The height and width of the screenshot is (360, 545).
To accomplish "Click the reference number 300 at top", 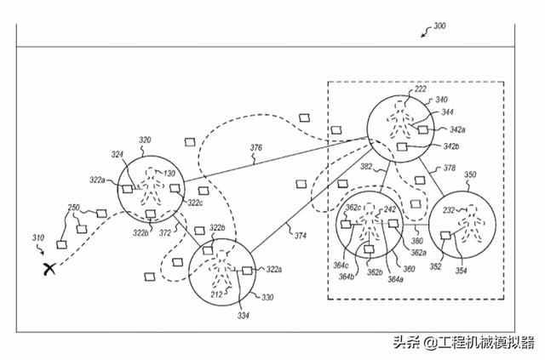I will (439, 26).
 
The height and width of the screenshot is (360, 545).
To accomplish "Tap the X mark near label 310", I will (50, 268).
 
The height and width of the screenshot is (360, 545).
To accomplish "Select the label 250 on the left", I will (73, 209).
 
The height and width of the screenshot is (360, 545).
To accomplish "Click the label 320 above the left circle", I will (145, 140).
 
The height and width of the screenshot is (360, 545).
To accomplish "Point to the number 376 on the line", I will (256, 148).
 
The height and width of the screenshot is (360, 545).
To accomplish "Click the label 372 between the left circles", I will (166, 231).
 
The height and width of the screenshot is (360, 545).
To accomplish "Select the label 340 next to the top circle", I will (441, 100).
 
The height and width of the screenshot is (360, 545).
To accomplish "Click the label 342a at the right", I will (457, 129).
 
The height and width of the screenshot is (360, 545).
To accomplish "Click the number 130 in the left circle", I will (170, 174).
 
